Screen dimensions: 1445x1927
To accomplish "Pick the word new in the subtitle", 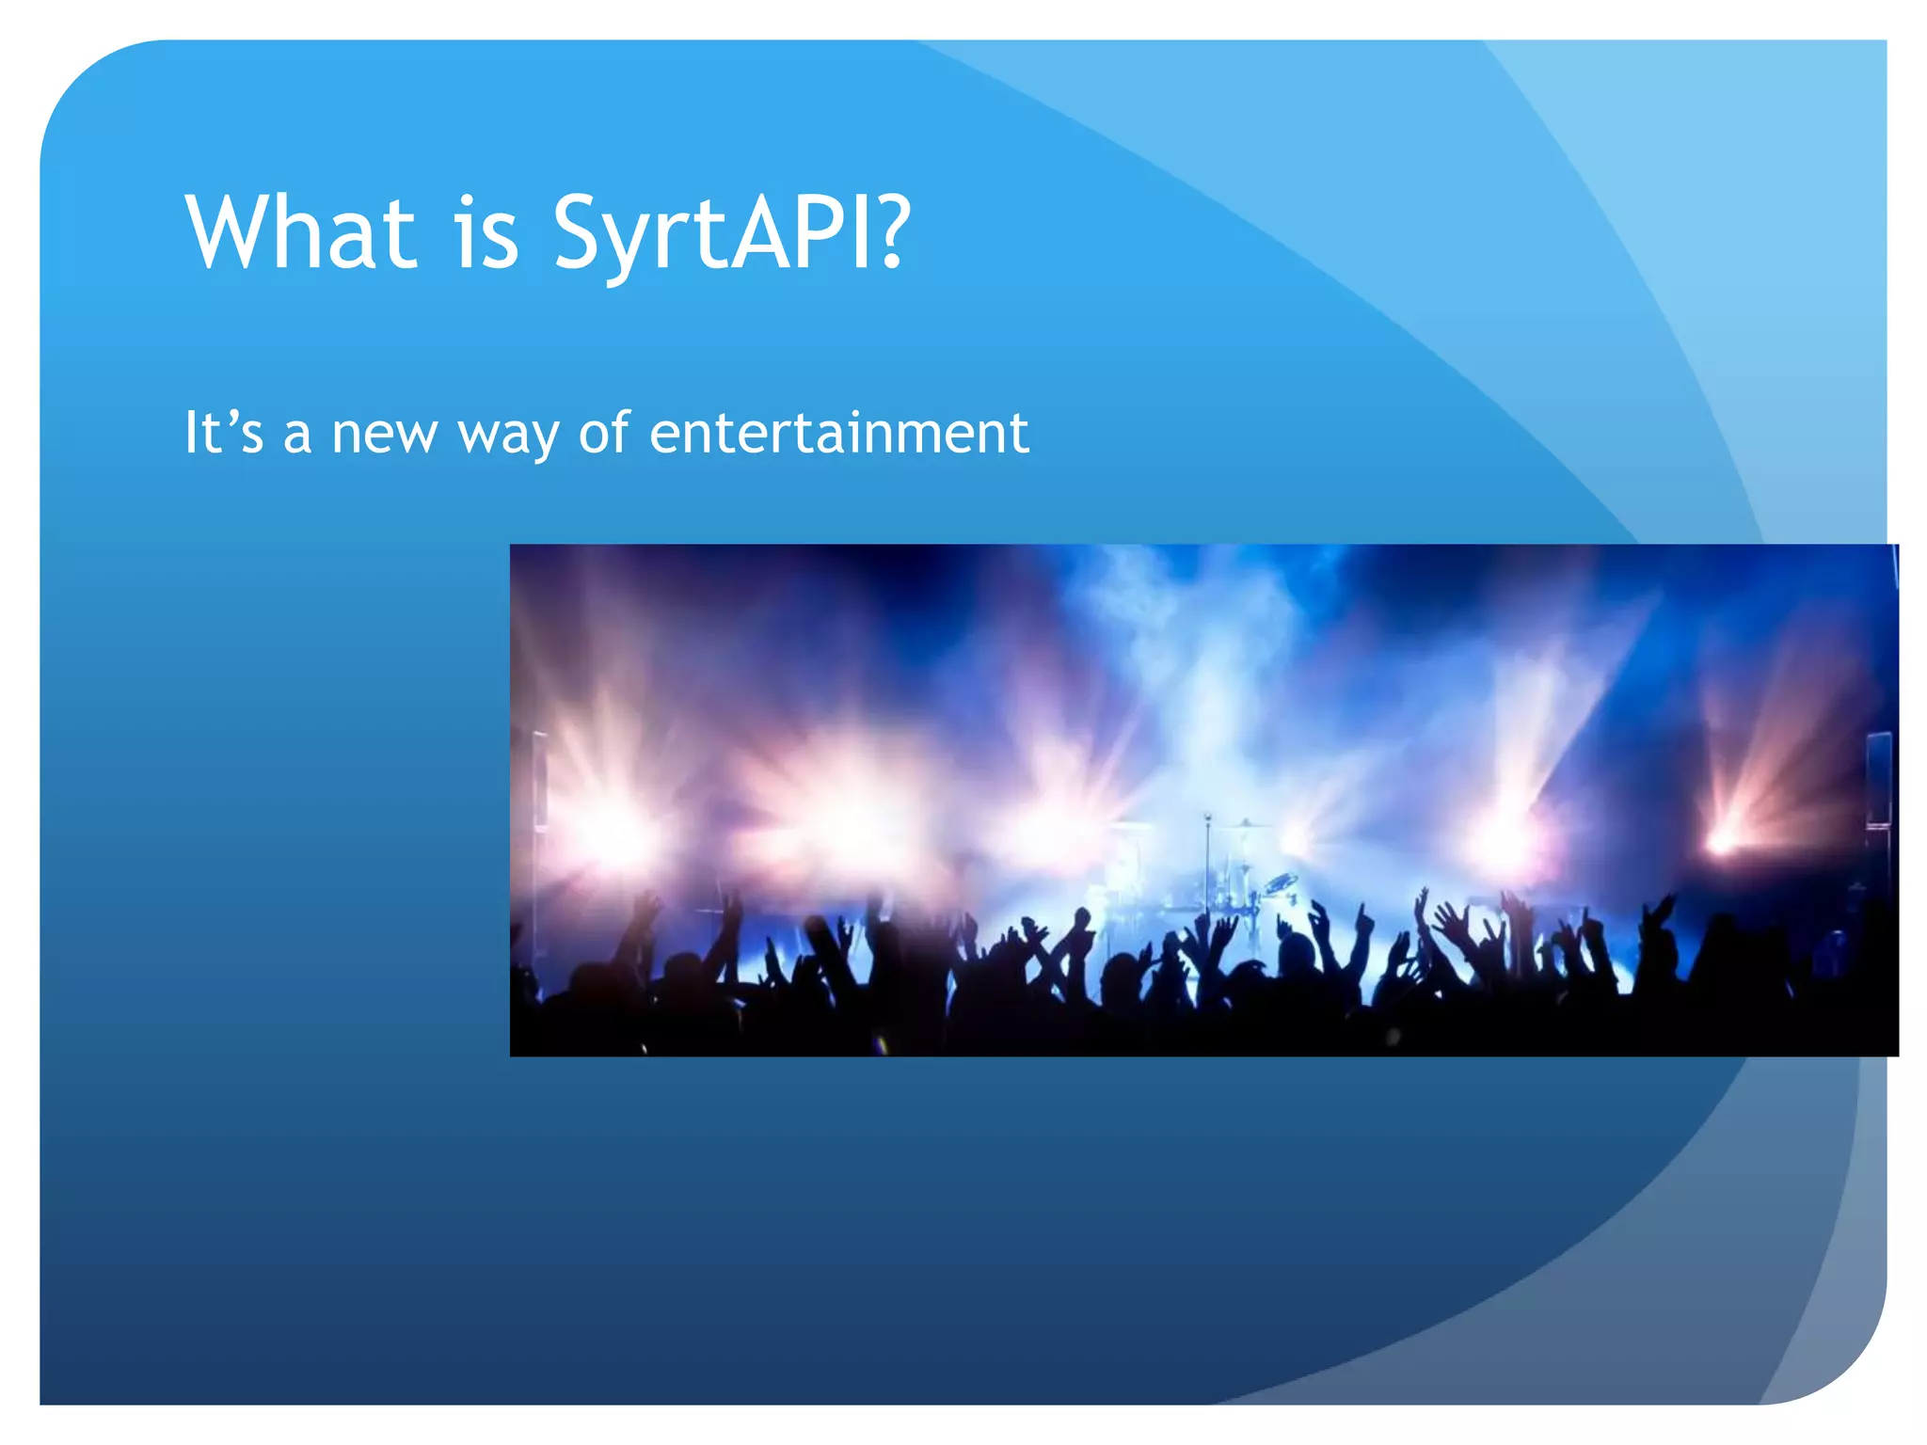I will pyautogui.click(x=385, y=435).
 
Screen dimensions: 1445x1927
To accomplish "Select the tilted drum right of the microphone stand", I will pyautogui.click(x=1280, y=883).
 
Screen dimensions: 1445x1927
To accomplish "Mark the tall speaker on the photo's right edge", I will pyautogui.click(x=1878, y=781).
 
